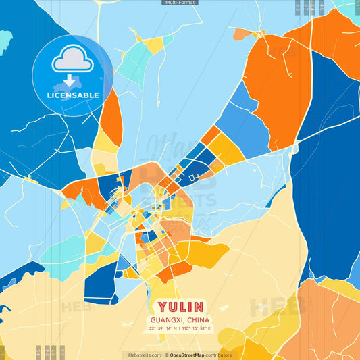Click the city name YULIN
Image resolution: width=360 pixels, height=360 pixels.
pyautogui.click(x=180, y=307)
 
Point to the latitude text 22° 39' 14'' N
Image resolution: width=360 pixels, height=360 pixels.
pyautogui.click(x=163, y=328)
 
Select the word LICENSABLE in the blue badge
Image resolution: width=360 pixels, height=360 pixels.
pyautogui.click(x=73, y=95)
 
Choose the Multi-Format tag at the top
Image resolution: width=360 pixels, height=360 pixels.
pyautogui.click(x=180, y=3)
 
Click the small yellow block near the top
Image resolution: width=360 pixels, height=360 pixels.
pyautogui.click(x=155, y=45)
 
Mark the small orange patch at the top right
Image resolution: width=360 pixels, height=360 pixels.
pyautogui.click(x=241, y=32)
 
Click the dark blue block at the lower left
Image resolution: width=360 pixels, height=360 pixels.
pyautogui.click(x=100, y=283)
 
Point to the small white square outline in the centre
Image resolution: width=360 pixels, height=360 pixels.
pyautogui.click(x=193, y=177)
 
